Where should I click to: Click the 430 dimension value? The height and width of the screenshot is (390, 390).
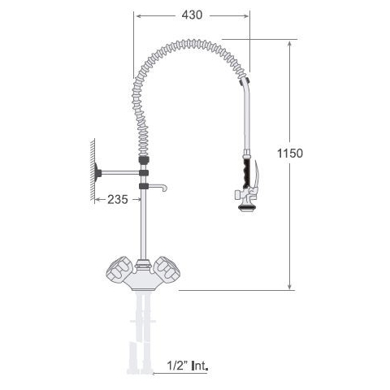pyautogui.click(x=192, y=15)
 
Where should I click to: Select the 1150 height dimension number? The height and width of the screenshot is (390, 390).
pyautogui.click(x=290, y=154)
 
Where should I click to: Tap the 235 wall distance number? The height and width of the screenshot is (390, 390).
pyautogui.click(x=118, y=200)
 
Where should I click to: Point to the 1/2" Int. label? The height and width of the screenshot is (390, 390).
pyautogui.click(x=188, y=366)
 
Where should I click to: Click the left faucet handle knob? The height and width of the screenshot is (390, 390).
pyautogui.click(x=118, y=269)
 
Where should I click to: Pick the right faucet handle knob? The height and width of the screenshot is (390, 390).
pyautogui.click(x=166, y=268)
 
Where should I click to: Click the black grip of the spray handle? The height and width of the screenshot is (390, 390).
pyautogui.click(x=247, y=173)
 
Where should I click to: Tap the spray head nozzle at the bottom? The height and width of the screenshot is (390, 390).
pyautogui.click(x=246, y=208)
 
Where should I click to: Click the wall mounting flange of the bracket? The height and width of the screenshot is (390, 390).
pyautogui.click(x=97, y=172)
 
